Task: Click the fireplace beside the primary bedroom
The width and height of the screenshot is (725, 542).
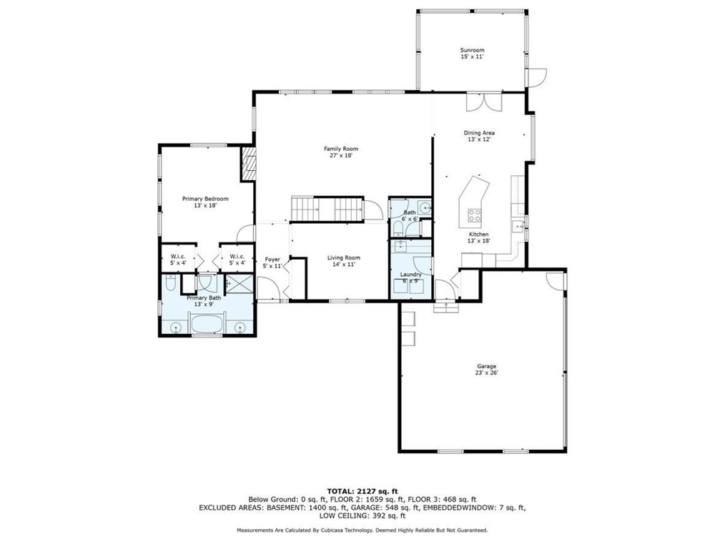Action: click(x=248, y=163)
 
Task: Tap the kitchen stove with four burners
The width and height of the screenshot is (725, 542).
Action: click(x=474, y=215)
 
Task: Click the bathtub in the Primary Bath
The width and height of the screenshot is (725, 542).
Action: click(x=206, y=324)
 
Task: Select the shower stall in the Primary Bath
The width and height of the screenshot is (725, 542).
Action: click(x=240, y=283)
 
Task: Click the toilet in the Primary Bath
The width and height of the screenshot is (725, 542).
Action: click(x=169, y=283)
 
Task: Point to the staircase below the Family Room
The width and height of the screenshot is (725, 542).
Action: click(x=327, y=209)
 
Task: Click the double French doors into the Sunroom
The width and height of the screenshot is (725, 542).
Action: click(x=483, y=102)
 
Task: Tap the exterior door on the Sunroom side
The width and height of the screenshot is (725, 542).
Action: click(x=536, y=78)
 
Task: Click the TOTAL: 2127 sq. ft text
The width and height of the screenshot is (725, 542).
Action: click(x=362, y=491)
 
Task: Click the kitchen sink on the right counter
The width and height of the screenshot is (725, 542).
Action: click(x=518, y=227)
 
